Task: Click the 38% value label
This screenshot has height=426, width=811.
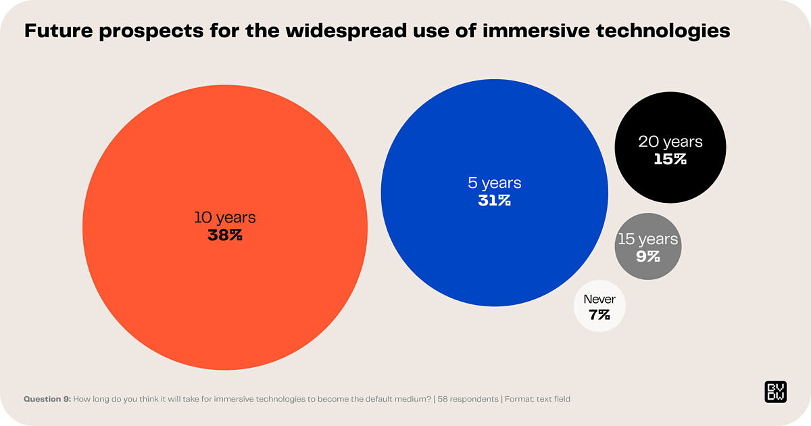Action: (225, 236)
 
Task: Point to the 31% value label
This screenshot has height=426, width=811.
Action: (495, 200)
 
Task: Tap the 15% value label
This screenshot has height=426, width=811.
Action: (670, 160)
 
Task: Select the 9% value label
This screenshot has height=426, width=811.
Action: (647, 256)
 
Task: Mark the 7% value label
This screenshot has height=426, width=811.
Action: (599, 314)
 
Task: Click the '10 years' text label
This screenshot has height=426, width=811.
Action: (225, 218)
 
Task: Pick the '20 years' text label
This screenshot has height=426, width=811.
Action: (670, 142)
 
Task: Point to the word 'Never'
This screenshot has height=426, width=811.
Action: (599, 299)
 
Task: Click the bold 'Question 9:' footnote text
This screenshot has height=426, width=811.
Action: (47, 399)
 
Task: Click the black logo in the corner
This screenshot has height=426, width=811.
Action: (775, 392)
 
